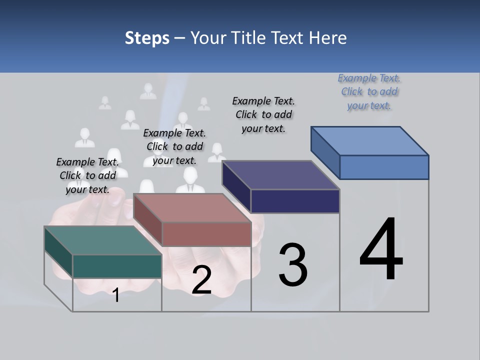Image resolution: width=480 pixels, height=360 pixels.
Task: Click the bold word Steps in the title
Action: coord(147,38)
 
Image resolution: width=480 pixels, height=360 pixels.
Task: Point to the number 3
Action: coord(292,265)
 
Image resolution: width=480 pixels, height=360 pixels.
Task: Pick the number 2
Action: coord(201,280)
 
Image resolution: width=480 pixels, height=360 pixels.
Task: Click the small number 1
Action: coord(116,295)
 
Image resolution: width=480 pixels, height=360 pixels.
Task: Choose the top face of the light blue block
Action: coord(370,141)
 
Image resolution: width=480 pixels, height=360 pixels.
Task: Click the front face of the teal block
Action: coord(117,266)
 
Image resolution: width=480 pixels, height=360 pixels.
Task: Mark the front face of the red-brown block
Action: coord(206,234)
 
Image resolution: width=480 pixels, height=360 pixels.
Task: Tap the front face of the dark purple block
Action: coord(295,201)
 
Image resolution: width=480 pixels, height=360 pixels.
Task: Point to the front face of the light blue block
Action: coord(384,167)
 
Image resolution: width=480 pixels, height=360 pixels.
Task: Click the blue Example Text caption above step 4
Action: coord(369,91)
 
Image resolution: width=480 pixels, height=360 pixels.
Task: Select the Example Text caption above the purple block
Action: coord(263,114)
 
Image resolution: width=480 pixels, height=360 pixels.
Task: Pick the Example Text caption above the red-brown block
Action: coord(174,146)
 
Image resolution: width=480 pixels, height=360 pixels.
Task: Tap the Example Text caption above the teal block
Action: coord(87,175)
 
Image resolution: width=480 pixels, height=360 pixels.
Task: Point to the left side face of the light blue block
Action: coord(325,152)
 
